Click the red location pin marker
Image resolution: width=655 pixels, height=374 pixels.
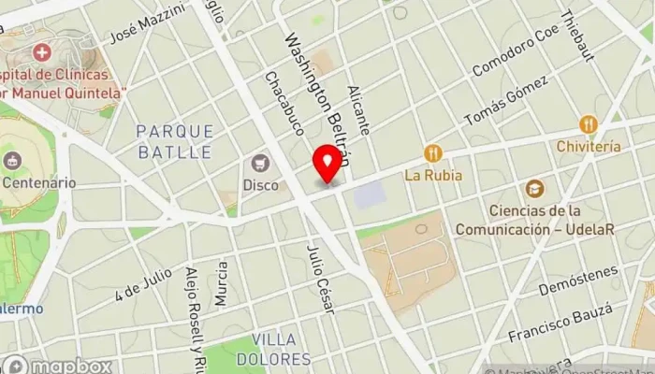click(327, 165)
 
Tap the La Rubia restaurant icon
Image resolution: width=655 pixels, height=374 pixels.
click(431, 152)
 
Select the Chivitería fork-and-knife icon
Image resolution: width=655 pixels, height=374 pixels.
click(588, 124)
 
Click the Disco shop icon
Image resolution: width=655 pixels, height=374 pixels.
click(260, 164)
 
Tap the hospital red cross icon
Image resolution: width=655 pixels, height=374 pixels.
click(40, 51)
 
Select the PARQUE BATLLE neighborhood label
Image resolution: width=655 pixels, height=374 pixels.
click(175, 140)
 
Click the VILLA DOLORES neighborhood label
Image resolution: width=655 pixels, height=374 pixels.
click(281, 348)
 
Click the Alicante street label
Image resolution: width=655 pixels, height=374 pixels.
click(358, 109)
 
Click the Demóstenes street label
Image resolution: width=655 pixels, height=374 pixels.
click(579, 280)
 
